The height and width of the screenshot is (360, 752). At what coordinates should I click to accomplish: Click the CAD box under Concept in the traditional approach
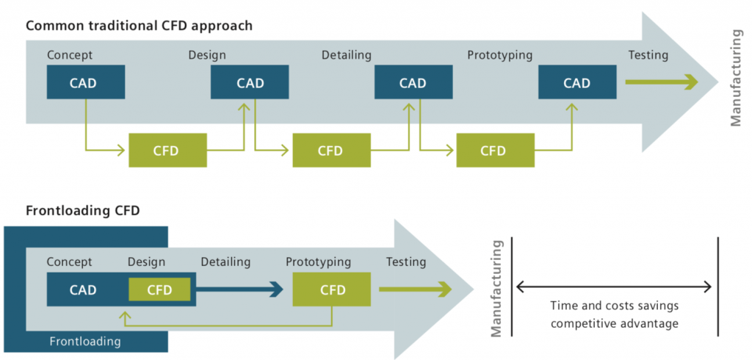click(x=85, y=83)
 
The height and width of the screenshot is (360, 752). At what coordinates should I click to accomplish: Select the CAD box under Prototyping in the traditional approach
click(x=576, y=83)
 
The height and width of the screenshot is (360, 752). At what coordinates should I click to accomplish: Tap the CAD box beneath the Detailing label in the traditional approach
click(x=412, y=83)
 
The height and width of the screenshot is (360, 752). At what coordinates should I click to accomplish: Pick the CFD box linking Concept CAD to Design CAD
click(x=167, y=151)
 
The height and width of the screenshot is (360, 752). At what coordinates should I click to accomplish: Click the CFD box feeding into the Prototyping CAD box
click(x=494, y=151)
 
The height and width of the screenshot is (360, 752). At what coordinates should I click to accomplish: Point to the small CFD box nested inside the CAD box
click(x=159, y=289)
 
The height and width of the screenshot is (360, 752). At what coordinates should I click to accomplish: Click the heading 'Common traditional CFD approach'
click(x=140, y=26)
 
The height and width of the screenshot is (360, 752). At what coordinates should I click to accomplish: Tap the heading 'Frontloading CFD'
click(x=83, y=210)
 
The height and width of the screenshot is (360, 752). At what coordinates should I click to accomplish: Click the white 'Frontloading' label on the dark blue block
click(x=85, y=341)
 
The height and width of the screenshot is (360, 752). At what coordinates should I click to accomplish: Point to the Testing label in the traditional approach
click(x=648, y=55)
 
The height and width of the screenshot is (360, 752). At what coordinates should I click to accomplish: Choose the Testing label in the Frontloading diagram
click(x=406, y=262)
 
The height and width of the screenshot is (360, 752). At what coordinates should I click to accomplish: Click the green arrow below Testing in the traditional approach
click(x=660, y=83)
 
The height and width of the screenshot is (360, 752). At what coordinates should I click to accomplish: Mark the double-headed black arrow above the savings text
click(x=615, y=287)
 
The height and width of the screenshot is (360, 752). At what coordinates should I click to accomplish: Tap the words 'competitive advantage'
click(x=615, y=323)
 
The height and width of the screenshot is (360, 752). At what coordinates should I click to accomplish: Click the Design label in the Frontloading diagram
click(x=146, y=262)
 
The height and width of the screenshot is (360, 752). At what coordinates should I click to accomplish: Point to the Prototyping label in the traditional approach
click(x=499, y=55)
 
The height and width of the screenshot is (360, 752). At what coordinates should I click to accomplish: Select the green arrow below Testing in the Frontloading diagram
click(x=414, y=289)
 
